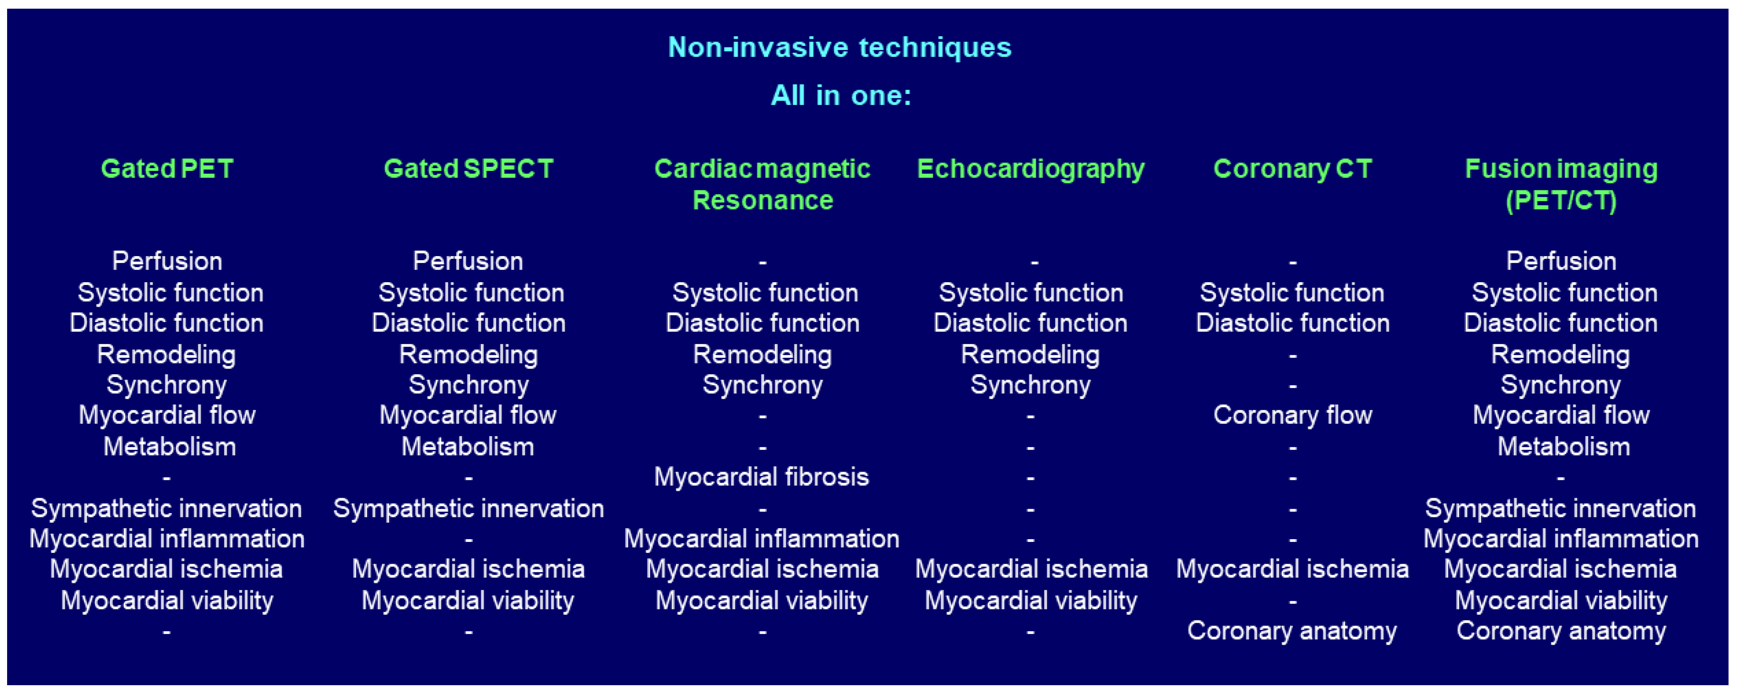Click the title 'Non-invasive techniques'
click(x=839, y=47)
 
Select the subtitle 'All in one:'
click(x=841, y=95)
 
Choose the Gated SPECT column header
click(x=468, y=169)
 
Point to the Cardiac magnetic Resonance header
click(x=762, y=184)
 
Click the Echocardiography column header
click(x=1030, y=169)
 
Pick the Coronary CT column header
click(x=1292, y=169)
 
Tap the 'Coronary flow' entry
click(x=1292, y=415)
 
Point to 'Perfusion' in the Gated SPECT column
click(x=468, y=261)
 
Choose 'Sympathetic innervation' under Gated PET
click(x=167, y=508)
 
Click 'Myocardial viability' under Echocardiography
click(x=1030, y=600)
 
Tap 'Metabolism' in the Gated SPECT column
click(x=468, y=447)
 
